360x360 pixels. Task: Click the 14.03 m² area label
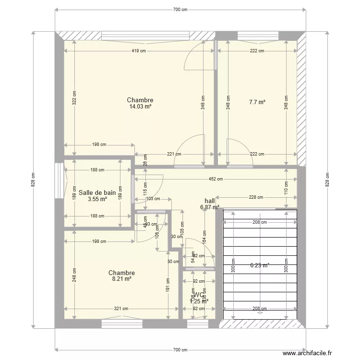[x=140, y=107]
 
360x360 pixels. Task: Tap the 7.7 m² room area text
[x=257, y=102]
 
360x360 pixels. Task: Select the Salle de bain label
[x=97, y=192]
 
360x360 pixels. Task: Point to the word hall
[x=210, y=201]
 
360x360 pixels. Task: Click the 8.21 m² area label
[x=121, y=278]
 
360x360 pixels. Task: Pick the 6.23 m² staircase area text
[x=260, y=264]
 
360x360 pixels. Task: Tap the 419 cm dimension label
[x=140, y=51]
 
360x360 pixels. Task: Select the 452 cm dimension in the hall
[x=216, y=180]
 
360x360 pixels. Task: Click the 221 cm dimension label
[x=174, y=155]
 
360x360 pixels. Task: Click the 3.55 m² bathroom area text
[x=97, y=199]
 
